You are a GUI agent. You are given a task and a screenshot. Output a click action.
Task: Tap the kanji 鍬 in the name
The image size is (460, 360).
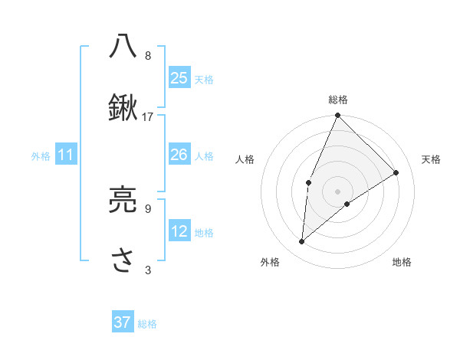123,108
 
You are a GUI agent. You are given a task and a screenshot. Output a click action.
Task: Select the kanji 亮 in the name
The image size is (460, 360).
123,201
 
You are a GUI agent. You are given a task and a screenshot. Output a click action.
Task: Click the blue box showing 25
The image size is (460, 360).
179,77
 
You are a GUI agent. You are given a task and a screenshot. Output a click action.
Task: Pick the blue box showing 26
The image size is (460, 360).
179,155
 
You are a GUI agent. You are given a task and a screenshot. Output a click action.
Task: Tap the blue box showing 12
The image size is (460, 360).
179,231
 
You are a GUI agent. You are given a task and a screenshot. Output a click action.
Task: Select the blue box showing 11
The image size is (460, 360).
66,155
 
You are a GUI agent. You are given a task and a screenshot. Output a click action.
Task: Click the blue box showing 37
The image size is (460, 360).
123,322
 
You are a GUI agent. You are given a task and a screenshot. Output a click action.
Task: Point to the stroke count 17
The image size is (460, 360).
148,116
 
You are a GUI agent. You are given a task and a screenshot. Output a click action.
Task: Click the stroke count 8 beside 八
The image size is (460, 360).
148,55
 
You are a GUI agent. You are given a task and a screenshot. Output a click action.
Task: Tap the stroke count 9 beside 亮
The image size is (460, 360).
148,208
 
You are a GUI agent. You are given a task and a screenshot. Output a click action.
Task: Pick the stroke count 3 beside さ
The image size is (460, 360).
148,270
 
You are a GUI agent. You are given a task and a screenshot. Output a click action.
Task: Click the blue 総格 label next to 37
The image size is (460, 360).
147,324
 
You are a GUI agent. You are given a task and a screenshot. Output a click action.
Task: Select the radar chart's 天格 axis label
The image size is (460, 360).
431,159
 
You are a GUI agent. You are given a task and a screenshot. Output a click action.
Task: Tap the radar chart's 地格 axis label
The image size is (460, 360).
402,262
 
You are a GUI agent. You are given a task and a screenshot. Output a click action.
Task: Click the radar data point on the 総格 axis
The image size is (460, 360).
337,116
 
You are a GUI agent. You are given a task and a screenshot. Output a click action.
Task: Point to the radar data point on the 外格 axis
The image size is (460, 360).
302,242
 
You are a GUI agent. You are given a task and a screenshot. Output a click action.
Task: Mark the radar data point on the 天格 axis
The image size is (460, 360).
396,172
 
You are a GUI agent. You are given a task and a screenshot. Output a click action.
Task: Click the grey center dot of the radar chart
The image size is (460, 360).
337,191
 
